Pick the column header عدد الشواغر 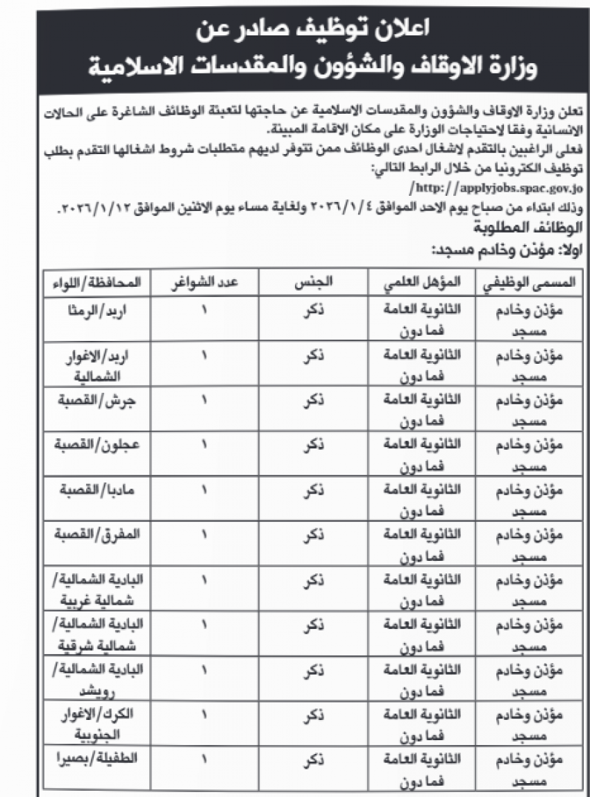click(206, 283)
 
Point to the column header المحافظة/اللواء click(98, 283)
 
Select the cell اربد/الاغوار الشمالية click(106, 365)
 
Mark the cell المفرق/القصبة click(102, 534)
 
